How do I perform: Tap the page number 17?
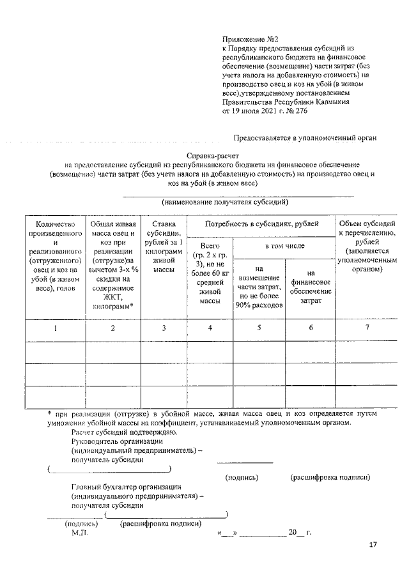[373, 545]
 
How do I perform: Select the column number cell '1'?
[55, 328]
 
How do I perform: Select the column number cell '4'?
[210, 328]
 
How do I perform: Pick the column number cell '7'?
[367, 328]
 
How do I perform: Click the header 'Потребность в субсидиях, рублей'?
[262, 224]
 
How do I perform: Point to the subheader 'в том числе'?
[285, 246]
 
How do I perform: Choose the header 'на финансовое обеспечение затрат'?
[311, 286]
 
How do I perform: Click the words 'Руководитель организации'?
[118, 441]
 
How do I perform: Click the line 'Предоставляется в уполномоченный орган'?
[305, 137]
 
